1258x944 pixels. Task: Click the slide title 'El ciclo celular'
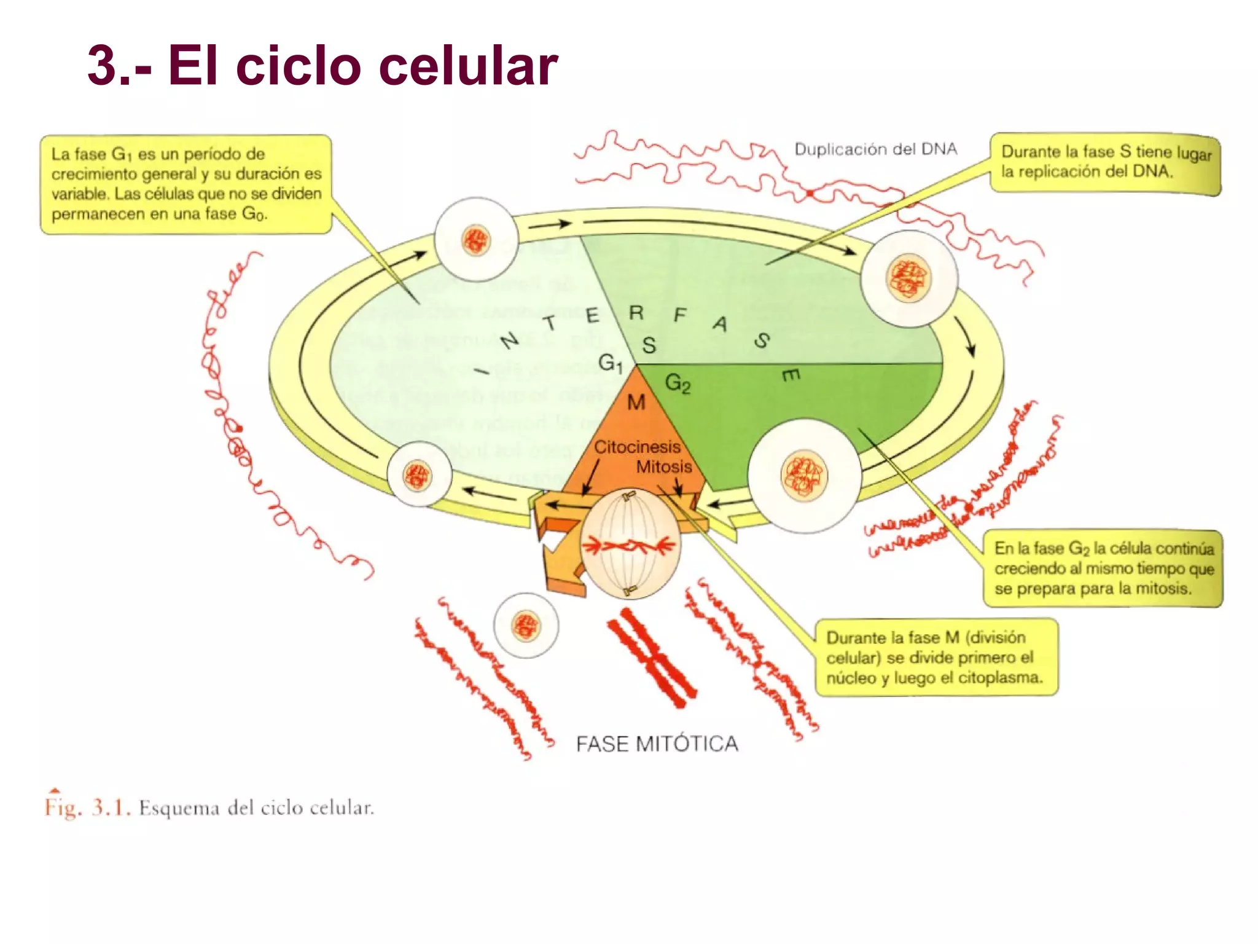pos(322,66)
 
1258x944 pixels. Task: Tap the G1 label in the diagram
pos(610,363)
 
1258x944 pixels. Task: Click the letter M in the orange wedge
pos(636,403)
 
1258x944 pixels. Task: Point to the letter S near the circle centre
pos(649,345)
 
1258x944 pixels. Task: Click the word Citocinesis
pos(636,447)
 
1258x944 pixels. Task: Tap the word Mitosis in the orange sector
pos(663,467)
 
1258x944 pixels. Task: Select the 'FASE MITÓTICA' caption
pos(657,744)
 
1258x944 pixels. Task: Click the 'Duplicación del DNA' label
pos(875,149)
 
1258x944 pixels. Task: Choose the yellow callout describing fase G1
pos(186,184)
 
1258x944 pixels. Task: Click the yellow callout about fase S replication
pos(1104,163)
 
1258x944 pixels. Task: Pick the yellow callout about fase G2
pos(1103,568)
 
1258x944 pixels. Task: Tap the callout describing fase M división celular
pos(936,657)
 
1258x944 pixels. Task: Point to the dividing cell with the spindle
pos(630,545)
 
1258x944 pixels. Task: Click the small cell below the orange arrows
pos(526,626)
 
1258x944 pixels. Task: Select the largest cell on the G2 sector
pos(804,476)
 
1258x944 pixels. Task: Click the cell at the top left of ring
pos(475,239)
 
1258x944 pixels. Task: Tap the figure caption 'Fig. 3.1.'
pos(87,807)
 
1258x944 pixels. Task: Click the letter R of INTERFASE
pos(636,313)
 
